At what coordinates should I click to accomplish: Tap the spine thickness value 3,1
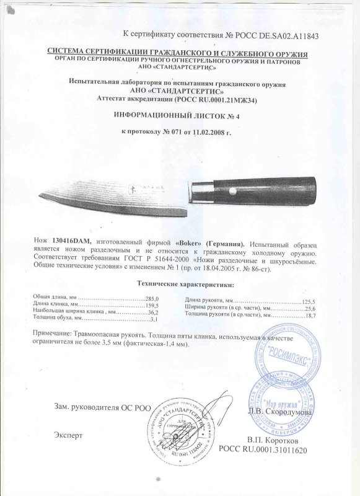tap(154, 319)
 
